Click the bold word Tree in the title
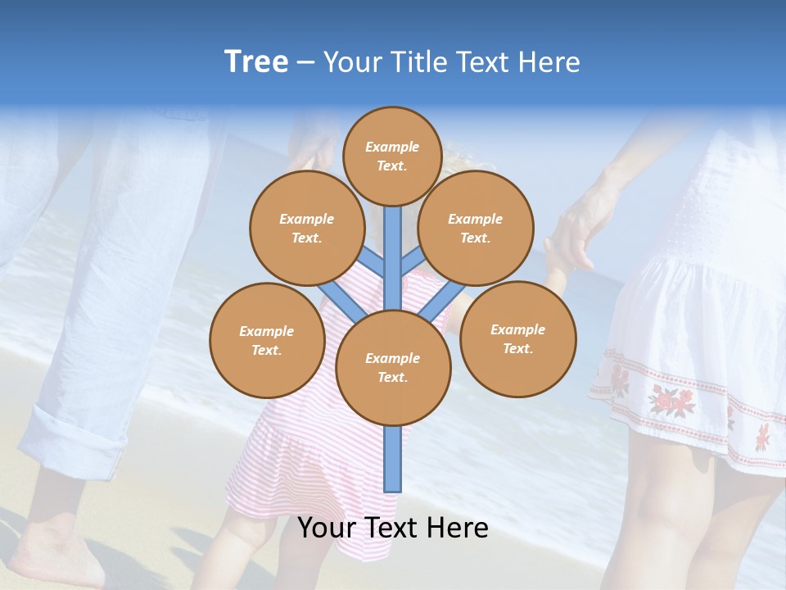pyautogui.click(x=256, y=61)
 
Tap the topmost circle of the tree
pyautogui.click(x=392, y=156)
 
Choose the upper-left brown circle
pyautogui.click(x=306, y=228)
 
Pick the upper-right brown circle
pyautogui.click(x=476, y=228)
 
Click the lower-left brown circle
pyautogui.click(x=267, y=340)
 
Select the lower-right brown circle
pyautogui.click(x=517, y=338)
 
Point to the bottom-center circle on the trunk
pyautogui.click(x=393, y=368)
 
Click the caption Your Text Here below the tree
pyautogui.click(x=393, y=528)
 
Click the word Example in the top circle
pyautogui.click(x=392, y=147)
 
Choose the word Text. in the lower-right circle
pyautogui.click(x=517, y=348)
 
